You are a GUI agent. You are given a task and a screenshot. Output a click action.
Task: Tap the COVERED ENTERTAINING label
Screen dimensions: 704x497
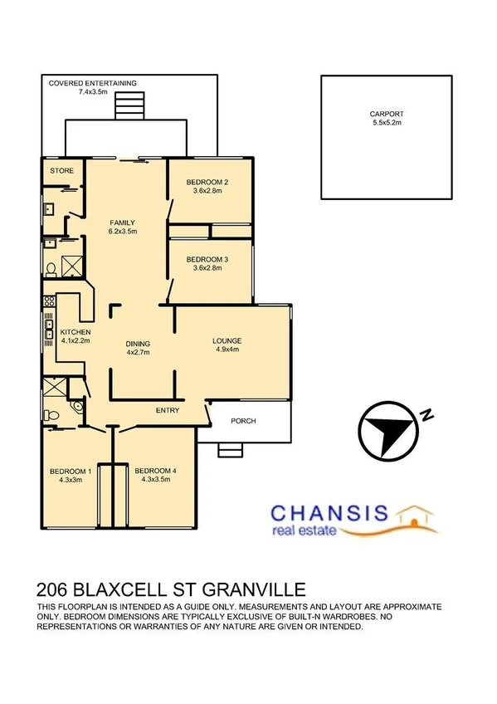[92, 83]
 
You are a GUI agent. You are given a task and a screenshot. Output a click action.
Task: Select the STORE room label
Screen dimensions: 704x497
[61, 170]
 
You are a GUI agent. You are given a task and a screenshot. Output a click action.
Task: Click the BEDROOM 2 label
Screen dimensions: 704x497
[207, 182]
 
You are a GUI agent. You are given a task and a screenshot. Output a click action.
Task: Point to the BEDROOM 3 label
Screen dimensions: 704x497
[207, 260]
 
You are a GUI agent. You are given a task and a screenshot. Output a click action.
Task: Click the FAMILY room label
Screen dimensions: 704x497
[122, 222]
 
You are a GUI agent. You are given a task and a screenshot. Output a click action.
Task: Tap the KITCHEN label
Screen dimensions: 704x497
[75, 332]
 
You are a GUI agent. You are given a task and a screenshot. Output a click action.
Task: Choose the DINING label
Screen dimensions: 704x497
[138, 344]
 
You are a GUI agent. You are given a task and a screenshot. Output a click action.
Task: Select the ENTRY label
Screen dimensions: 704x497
[168, 410]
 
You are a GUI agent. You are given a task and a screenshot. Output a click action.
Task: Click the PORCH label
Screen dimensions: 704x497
[243, 421]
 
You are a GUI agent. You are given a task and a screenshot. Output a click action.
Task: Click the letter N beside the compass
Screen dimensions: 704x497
[426, 415]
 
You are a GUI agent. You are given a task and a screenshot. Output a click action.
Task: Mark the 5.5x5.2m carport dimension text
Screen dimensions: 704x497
[386, 123]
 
